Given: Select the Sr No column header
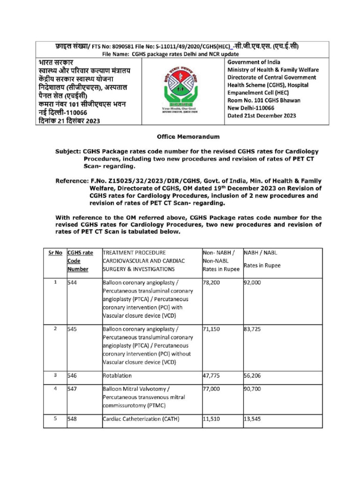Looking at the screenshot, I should (55, 253).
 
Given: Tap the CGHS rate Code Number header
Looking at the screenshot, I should (80, 261).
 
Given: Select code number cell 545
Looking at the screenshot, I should (73, 329).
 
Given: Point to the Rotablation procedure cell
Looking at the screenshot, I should (117, 375).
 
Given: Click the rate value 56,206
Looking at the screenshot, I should (254, 375).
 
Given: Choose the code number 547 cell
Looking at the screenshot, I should (73, 389).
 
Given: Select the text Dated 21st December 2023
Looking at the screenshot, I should (262, 116).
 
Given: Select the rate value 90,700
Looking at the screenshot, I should (254, 389).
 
